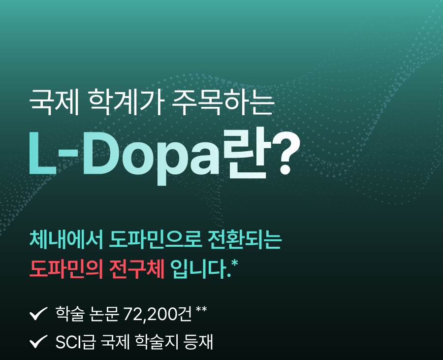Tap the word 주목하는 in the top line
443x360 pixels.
(x=223, y=102)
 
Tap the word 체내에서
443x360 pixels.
(x=66, y=240)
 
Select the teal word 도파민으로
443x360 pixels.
(x=156, y=240)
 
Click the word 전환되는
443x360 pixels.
(x=245, y=240)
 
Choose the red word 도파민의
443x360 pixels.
(x=66, y=269)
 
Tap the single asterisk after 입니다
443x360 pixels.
(x=234, y=263)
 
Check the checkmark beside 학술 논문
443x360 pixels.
(x=38, y=314)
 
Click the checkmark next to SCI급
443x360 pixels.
(x=38, y=342)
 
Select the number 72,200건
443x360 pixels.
(x=158, y=314)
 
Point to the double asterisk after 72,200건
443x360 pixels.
(x=201, y=309)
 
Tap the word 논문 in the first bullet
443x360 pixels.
(x=104, y=314)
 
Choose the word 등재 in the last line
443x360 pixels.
(x=198, y=342)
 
